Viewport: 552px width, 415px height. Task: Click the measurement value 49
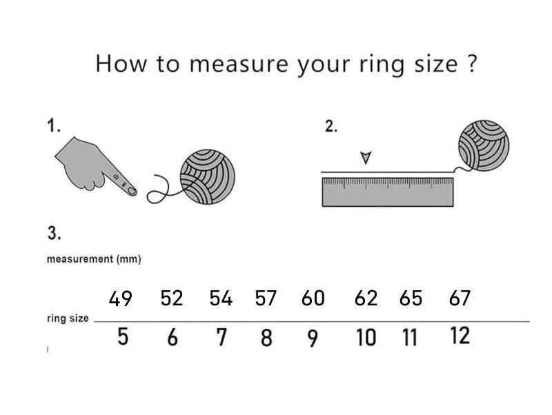(x=121, y=298)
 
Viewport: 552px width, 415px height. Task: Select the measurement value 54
(x=221, y=298)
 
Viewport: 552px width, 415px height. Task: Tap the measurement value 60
(x=313, y=298)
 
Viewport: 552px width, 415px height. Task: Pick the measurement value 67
(x=459, y=298)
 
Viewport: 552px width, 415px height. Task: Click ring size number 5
(x=122, y=338)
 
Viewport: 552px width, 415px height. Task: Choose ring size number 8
(x=266, y=338)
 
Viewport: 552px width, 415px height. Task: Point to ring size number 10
(x=366, y=338)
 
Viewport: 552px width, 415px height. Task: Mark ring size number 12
(x=460, y=336)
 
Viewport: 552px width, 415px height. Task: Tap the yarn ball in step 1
(x=207, y=176)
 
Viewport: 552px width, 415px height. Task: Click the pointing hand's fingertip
(x=131, y=192)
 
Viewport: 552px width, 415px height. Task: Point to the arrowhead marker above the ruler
(x=366, y=158)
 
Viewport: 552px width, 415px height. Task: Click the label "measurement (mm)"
(x=94, y=259)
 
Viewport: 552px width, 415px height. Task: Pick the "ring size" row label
(x=68, y=318)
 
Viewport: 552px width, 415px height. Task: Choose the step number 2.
(x=331, y=126)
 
